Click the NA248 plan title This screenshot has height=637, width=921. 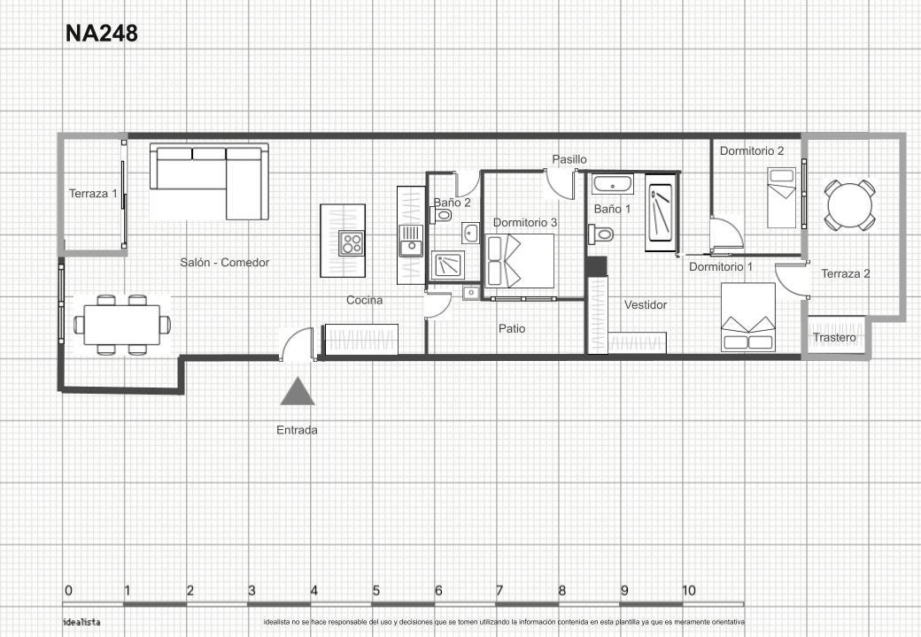click(x=101, y=34)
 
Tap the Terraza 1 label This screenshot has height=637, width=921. click(x=93, y=193)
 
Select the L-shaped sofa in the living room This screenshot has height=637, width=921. click(x=209, y=182)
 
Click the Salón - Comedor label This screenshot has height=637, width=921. click(x=224, y=262)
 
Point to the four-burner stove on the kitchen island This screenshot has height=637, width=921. click(x=352, y=242)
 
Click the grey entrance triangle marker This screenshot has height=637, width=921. click(x=298, y=391)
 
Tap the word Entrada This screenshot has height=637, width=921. click(x=297, y=430)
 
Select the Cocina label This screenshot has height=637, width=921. click(x=364, y=300)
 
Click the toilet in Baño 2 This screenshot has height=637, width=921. click(x=441, y=215)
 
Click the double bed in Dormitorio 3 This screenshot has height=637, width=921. click(x=521, y=261)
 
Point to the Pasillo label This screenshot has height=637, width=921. click(x=569, y=159)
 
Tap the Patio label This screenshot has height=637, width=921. click(x=512, y=328)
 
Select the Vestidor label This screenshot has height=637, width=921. click(x=646, y=304)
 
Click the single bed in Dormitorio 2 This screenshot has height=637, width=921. click(x=782, y=197)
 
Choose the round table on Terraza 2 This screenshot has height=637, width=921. click(x=849, y=205)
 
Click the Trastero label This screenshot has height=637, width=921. click(x=834, y=337)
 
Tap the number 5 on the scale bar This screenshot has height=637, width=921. click(x=375, y=590)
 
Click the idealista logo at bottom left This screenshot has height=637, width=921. click(x=81, y=622)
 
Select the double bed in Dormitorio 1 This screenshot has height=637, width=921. click(x=748, y=318)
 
